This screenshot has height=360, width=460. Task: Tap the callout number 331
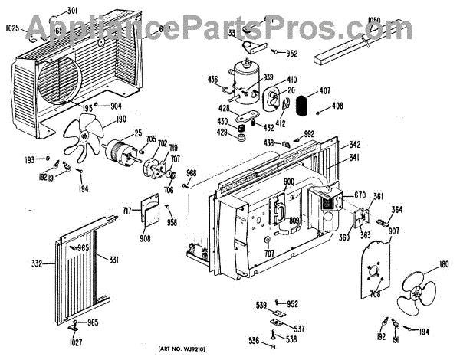coord(113,261)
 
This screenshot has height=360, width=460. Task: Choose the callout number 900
coord(289,182)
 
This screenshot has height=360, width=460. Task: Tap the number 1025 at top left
coord(11,29)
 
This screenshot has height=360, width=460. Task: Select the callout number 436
coord(214,79)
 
